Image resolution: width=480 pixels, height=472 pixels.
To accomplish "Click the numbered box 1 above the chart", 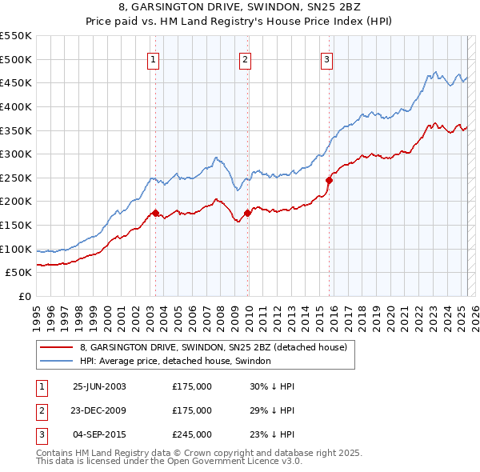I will [x=152, y=58].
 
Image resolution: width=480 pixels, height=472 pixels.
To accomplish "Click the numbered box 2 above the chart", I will [x=245, y=58].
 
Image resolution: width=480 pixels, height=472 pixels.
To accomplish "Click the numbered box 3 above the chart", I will [x=327, y=58].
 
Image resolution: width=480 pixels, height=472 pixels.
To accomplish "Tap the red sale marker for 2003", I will [x=156, y=213].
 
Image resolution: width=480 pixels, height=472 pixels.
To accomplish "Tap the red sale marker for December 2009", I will [x=247, y=213].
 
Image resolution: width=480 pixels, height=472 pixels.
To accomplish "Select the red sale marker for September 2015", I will [x=329, y=180].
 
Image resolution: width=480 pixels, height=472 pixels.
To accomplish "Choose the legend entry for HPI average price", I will [x=175, y=362].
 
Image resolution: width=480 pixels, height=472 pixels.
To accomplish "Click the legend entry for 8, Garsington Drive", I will [x=213, y=348].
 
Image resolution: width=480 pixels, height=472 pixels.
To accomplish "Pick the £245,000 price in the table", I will [x=192, y=434].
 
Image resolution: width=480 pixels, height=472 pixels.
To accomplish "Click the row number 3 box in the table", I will [x=40, y=434].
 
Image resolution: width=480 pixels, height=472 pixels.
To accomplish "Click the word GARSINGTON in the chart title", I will [x=206, y=10].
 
